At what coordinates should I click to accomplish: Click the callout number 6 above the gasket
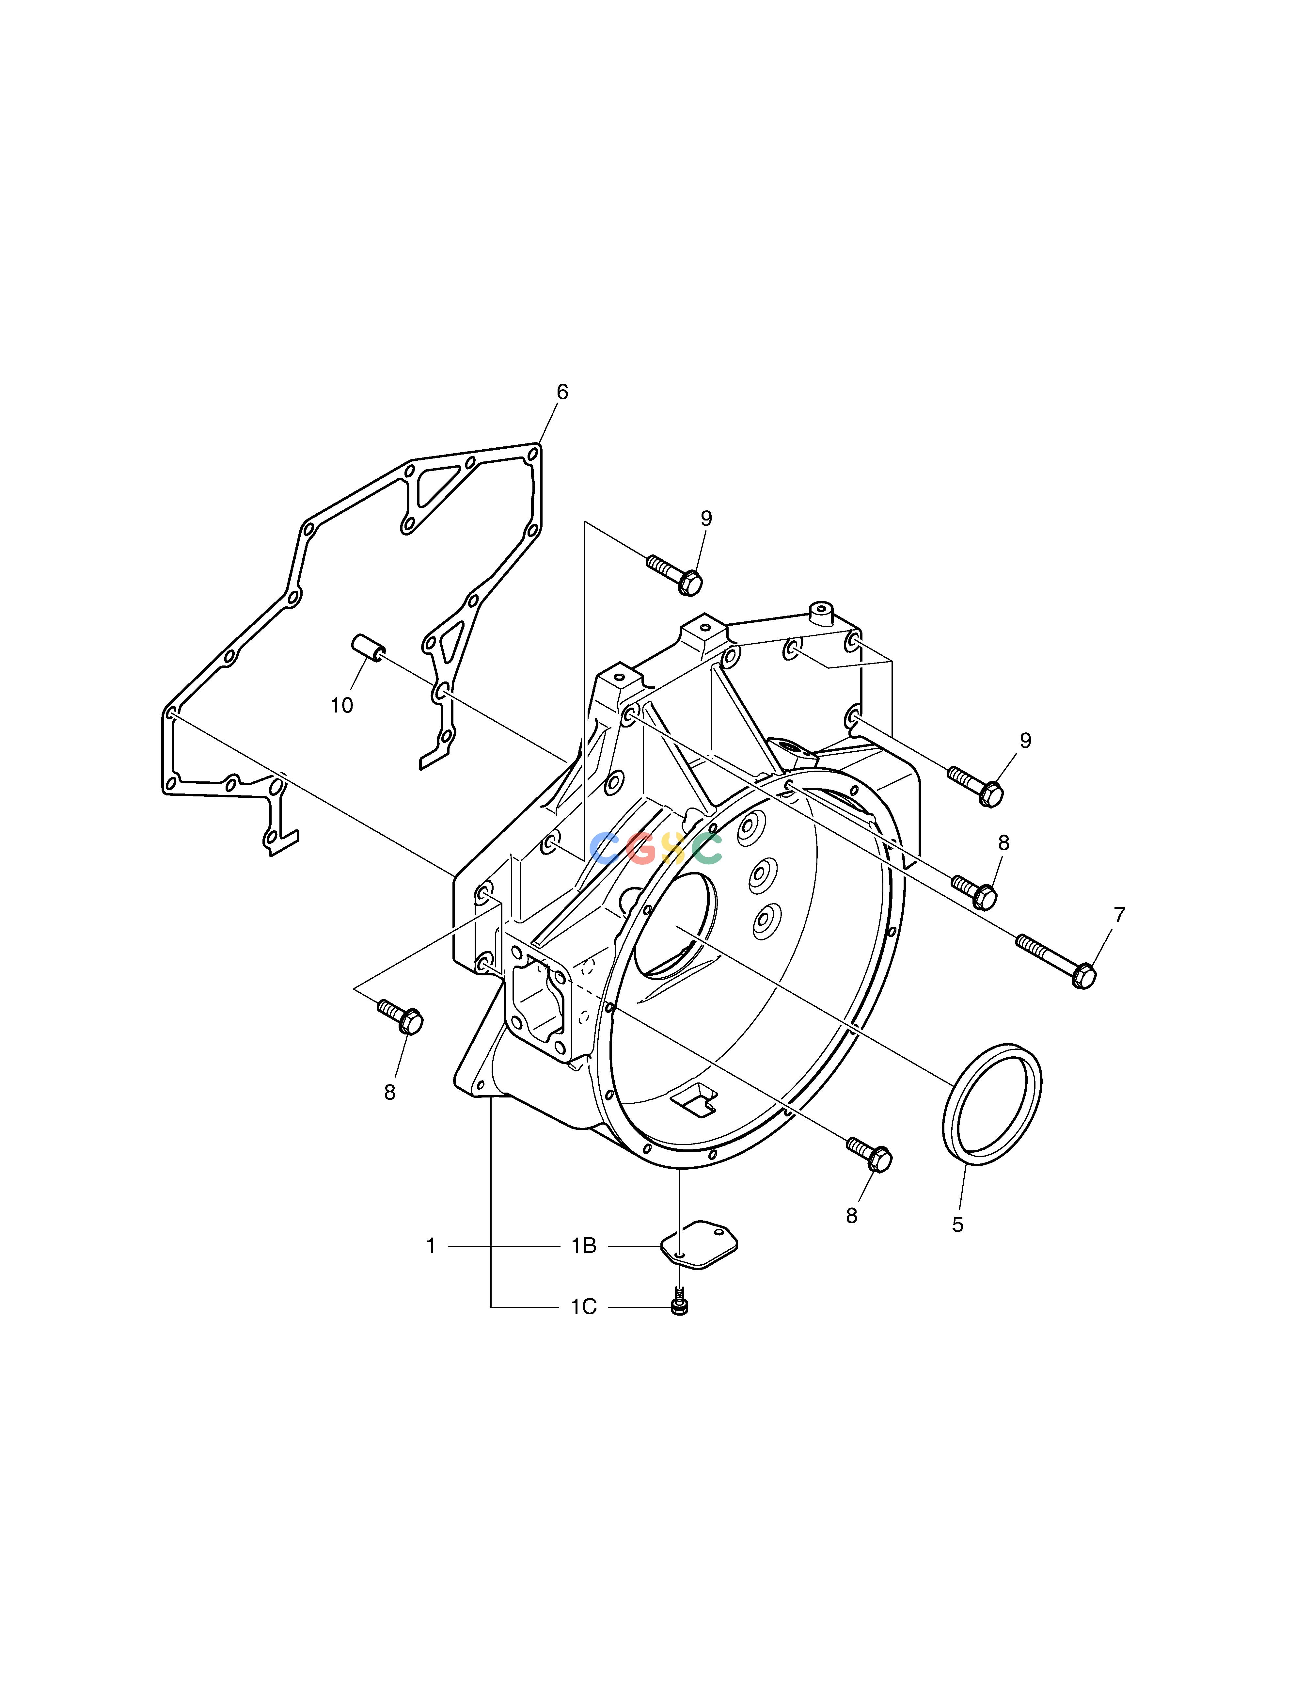coord(562,392)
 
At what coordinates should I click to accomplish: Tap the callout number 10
coord(342,706)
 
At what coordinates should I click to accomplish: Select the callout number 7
coord(1119,915)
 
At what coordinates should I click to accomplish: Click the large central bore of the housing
coord(676,925)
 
